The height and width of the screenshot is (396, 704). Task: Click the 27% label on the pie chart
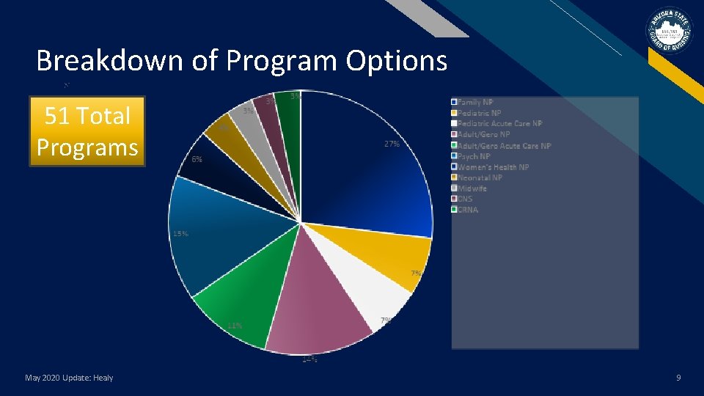(x=392, y=144)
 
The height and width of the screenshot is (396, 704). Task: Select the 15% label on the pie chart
(x=180, y=234)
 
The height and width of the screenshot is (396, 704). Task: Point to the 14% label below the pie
(x=309, y=359)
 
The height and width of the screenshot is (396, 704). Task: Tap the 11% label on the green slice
(x=235, y=325)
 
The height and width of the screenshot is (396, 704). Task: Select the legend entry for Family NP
(x=474, y=102)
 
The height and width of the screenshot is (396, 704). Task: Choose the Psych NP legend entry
(x=473, y=156)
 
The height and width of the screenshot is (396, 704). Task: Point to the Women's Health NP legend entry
(x=492, y=167)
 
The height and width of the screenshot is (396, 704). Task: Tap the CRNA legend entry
(x=467, y=210)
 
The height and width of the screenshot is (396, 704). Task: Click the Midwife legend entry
(x=472, y=188)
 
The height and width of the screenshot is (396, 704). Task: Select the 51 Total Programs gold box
(x=87, y=131)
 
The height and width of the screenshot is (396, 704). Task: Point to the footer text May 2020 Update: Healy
(x=69, y=378)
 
